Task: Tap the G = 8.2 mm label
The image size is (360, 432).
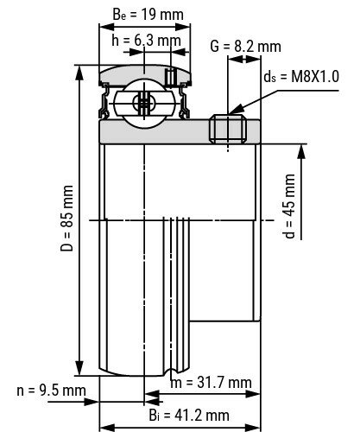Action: click(245, 46)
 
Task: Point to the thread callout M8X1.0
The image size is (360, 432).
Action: click(300, 76)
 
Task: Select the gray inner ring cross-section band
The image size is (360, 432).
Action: click(155, 131)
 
